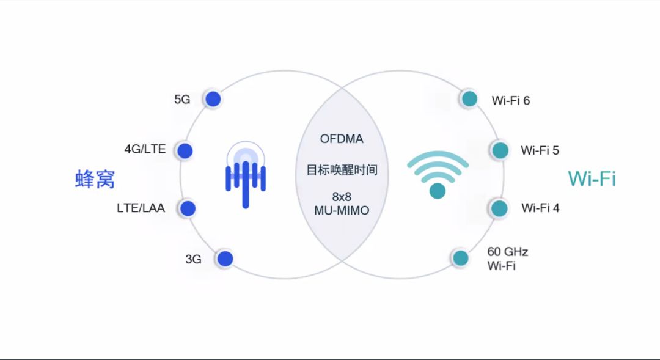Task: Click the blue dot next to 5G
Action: (x=212, y=99)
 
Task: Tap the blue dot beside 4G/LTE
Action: (x=185, y=150)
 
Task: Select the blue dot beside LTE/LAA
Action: (x=188, y=208)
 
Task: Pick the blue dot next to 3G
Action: (x=226, y=259)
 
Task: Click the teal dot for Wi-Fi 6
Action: (x=469, y=99)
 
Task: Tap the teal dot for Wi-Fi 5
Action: (x=500, y=150)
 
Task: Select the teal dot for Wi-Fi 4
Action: (x=499, y=208)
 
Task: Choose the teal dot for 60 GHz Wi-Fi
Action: (x=460, y=258)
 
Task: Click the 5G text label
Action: (x=182, y=100)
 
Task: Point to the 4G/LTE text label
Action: (x=145, y=149)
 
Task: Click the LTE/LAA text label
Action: (x=141, y=208)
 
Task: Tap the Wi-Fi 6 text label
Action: (x=511, y=100)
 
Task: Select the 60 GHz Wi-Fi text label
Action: (x=507, y=259)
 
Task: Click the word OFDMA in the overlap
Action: (x=342, y=139)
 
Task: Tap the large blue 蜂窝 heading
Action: (x=95, y=179)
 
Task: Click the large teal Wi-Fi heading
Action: (x=592, y=178)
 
